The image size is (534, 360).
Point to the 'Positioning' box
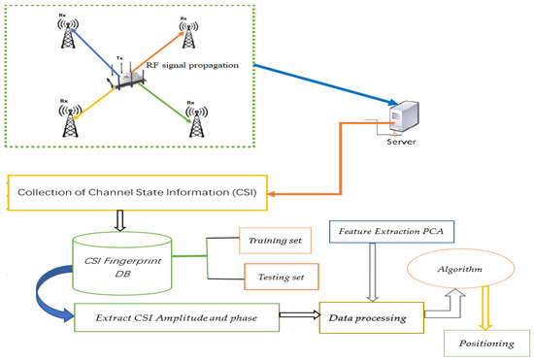pyautogui.click(x=484, y=342)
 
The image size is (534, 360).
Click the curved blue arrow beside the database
pyautogui.click(x=50, y=287)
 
